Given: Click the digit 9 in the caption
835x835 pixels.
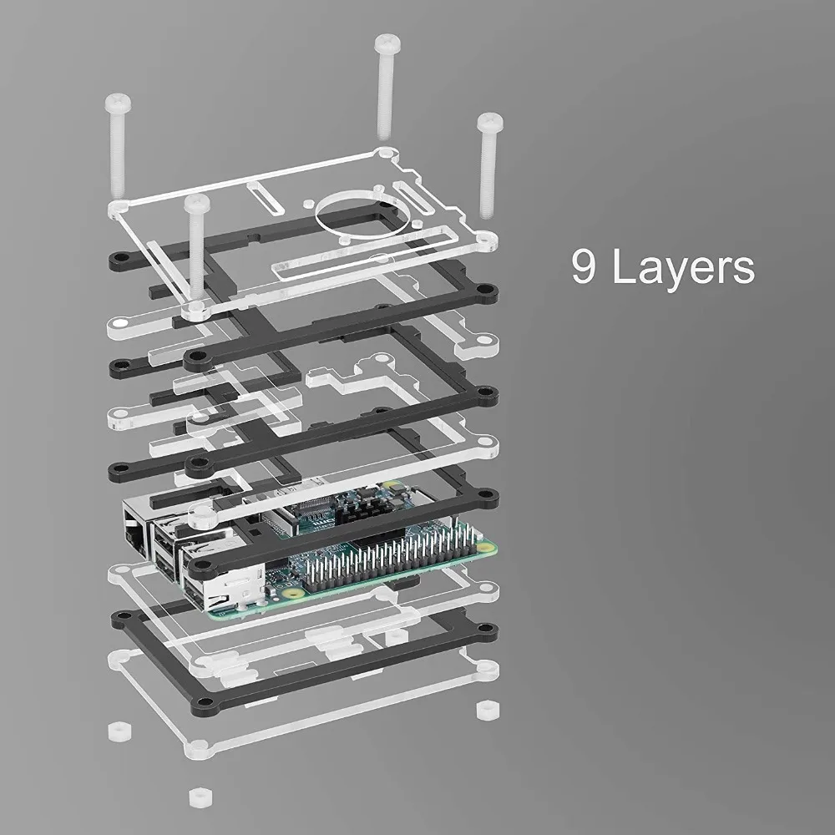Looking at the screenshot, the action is pyautogui.click(x=584, y=266).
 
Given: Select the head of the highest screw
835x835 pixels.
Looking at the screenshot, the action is pyautogui.click(x=387, y=43).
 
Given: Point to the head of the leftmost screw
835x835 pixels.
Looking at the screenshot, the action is pyautogui.click(x=118, y=102).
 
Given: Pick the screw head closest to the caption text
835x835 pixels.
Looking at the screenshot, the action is pyautogui.click(x=490, y=122).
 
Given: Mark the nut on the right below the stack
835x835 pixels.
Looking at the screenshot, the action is pyautogui.click(x=488, y=709).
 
